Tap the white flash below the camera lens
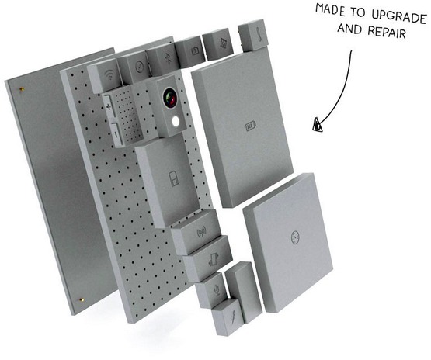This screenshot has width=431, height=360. (x=178, y=121)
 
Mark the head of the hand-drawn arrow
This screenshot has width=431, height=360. (x=317, y=125)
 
